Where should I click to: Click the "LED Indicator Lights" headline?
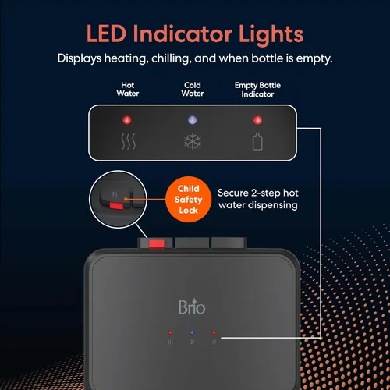tap(195, 34)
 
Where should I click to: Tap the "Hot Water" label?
tap(128, 89)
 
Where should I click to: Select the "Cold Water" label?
tap(193, 89)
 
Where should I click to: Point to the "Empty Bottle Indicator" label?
tap(257, 90)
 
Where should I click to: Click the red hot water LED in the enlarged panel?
tap(127, 120)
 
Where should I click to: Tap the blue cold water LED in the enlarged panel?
tap(193, 120)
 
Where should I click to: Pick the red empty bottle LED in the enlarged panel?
tap(257, 120)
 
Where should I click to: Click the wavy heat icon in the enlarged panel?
tap(129, 141)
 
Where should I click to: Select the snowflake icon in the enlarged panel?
tap(193, 141)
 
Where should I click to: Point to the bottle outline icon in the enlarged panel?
tap(257, 141)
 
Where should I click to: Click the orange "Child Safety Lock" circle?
tap(189, 199)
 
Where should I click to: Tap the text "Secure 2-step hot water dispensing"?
tap(258, 199)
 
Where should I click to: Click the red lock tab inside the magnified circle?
tap(116, 206)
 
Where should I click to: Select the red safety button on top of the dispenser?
tap(157, 244)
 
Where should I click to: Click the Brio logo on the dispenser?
tap(192, 307)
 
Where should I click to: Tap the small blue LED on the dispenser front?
tap(193, 332)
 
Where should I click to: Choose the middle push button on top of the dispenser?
tap(192, 243)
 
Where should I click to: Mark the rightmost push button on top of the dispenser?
tap(229, 243)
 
